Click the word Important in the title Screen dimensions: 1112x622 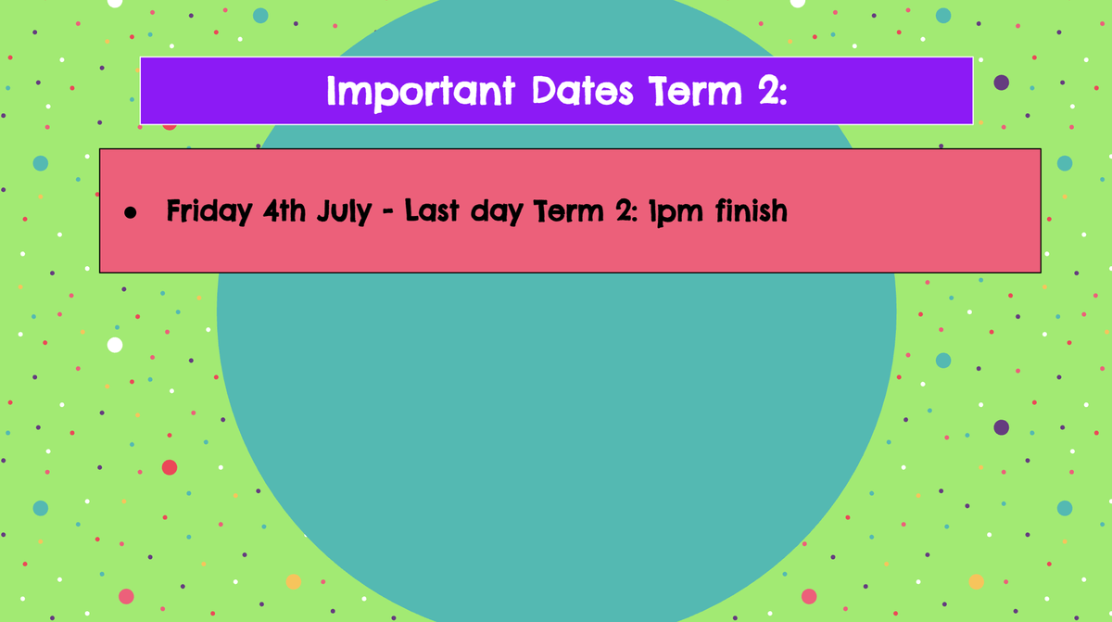pos(421,93)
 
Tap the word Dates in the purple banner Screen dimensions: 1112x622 pos(582,91)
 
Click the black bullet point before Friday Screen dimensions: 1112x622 pos(131,213)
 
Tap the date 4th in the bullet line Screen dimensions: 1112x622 pos(284,211)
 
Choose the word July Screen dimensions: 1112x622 pos(344,212)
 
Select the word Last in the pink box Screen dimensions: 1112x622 pos(432,211)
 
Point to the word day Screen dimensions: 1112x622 pos(497,212)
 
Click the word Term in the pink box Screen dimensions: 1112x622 pos(568,211)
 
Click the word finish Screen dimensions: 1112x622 pos(752,210)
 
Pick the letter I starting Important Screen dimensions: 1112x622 pos(331,91)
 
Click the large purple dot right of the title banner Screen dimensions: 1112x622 pos(1002,83)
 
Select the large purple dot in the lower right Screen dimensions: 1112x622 pos(1002,427)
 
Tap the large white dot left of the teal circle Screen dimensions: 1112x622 pos(115,345)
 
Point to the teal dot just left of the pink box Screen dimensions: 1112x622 pos(41,163)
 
